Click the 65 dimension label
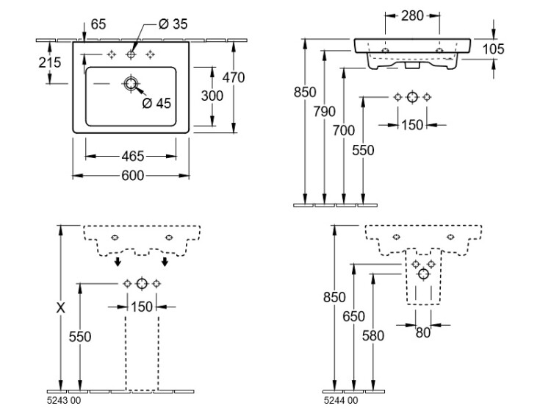(x=99, y=25)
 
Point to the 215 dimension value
(x=49, y=63)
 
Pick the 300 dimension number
(x=212, y=96)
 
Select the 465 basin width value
(x=132, y=156)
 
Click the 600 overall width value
(x=132, y=175)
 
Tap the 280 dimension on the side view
(x=412, y=15)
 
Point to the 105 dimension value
(x=494, y=49)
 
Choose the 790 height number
(x=324, y=112)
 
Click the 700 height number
(x=344, y=131)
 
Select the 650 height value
(x=353, y=316)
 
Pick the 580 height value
(x=373, y=335)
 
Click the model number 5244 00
(x=339, y=400)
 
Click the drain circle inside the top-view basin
(x=132, y=85)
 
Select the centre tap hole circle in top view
(x=132, y=54)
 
